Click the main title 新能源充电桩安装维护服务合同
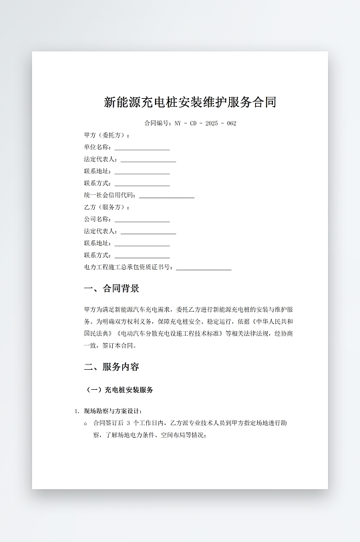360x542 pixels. pyautogui.click(x=190, y=103)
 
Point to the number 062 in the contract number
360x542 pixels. pyautogui.click(x=231, y=123)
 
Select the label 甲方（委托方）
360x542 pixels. pyautogui.click(x=107, y=135)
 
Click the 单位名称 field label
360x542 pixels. pyautogui.click(x=97, y=148)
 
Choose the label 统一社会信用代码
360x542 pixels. pyautogui.click(x=110, y=196)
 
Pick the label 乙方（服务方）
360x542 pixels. pyautogui.click(x=107, y=208)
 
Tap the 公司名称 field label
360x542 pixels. pyautogui.click(x=97, y=220)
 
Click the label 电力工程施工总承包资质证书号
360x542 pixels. pyautogui.click(x=128, y=268)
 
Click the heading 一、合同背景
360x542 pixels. pyautogui.click(x=112, y=289)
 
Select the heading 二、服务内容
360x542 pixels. pyautogui.click(x=112, y=367)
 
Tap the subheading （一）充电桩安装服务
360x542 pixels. pyautogui.click(x=120, y=390)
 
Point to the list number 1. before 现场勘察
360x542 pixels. pyautogui.click(x=77, y=411)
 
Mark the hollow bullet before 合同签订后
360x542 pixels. pyautogui.click(x=85, y=423)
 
